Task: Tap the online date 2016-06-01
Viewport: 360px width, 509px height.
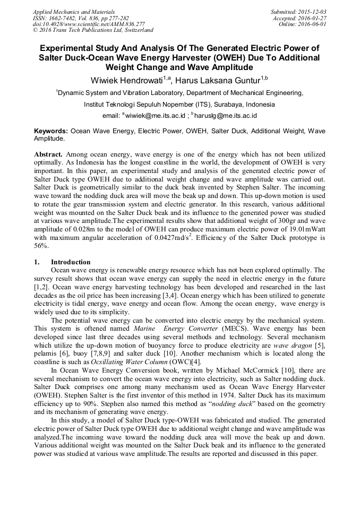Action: [314, 24]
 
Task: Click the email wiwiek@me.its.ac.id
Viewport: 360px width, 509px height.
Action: [155, 115]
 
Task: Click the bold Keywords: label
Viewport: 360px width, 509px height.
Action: [51, 131]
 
